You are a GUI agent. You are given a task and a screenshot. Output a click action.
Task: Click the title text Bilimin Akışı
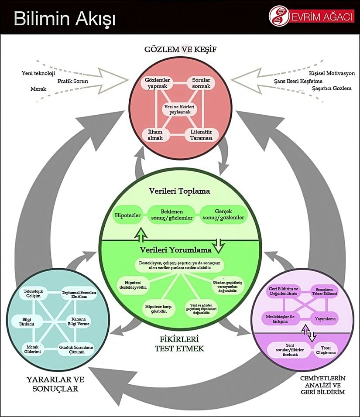(x=64, y=19)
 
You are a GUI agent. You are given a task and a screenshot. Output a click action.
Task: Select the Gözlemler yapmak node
(x=158, y=83)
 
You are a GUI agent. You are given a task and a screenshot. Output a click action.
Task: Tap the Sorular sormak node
(x=201, y=83)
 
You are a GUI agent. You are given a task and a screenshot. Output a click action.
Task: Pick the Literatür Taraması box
(x=201, y=135)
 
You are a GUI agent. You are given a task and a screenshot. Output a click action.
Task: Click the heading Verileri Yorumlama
(x=176, y=250)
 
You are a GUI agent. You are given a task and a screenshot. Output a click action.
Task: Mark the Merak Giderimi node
(x=32, y=349)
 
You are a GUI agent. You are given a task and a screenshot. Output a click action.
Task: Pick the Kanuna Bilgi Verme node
(x=79, y=321)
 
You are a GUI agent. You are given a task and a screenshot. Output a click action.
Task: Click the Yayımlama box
(x=325, y=319)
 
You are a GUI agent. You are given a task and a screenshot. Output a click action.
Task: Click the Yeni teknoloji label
(x=38, y=73)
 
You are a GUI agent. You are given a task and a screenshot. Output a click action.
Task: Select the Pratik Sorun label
(x=73, y=81)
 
